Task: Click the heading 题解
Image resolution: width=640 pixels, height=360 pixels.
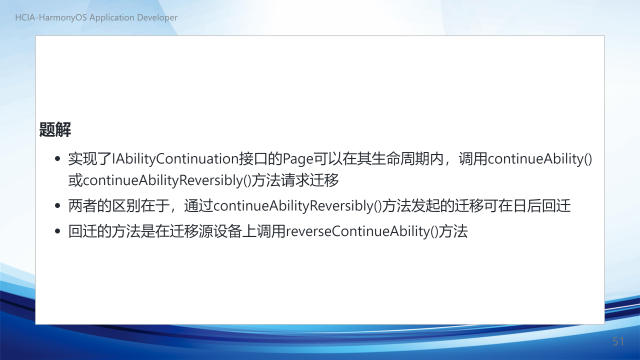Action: (x=55, y=129)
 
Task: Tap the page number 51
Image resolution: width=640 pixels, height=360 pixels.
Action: (x=618, y=341)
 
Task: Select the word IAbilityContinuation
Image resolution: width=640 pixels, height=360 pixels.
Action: (x=175, y=159)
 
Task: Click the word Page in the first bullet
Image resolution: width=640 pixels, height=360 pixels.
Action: (x=297, y=159)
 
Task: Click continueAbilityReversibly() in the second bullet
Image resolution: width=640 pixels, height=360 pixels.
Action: (x=297, y=206)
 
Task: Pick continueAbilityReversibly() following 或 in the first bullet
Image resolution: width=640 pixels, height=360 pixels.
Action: (x=167, y=180)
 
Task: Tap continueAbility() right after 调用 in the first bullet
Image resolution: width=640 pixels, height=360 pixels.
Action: (x=540, y=159)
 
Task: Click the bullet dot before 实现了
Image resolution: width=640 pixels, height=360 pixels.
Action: (x=57, y=158)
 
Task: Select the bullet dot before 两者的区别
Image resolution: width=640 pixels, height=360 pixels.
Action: (x=57, y=205)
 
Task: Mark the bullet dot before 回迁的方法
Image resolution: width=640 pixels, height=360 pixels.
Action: (x=57, y=231)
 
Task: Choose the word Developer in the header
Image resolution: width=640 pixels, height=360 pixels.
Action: (x=157, y=17)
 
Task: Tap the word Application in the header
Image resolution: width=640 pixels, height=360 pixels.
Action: (x=111, y=17)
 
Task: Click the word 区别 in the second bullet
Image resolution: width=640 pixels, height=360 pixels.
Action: (x=126, y=206)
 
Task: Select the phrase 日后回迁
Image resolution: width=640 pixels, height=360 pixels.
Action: (x=541, y=206)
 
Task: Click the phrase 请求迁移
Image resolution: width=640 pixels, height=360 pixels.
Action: (x=309, y=180)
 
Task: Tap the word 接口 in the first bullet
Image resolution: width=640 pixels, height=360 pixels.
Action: (x=253, y=159)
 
